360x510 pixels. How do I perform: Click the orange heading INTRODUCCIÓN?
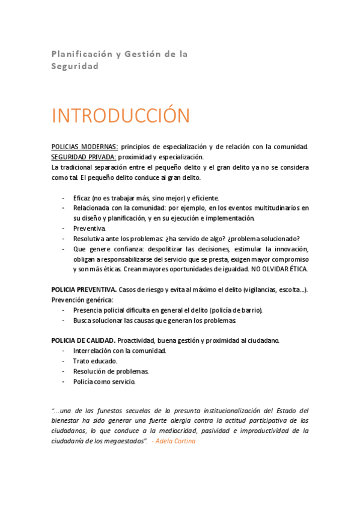[121, 115]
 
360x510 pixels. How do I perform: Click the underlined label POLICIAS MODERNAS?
[85, 147]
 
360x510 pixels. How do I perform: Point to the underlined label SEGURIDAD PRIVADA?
[84, 156]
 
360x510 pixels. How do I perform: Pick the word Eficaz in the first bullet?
[82, 198]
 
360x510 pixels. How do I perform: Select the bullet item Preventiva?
[90, 229]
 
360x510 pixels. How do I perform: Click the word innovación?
[290, 248]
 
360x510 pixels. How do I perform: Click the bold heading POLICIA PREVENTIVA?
[84, 289]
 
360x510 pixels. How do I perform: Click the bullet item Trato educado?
[95, 361]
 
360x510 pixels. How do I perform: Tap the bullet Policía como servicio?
[104, 381]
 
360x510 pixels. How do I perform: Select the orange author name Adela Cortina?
[175, 441]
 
